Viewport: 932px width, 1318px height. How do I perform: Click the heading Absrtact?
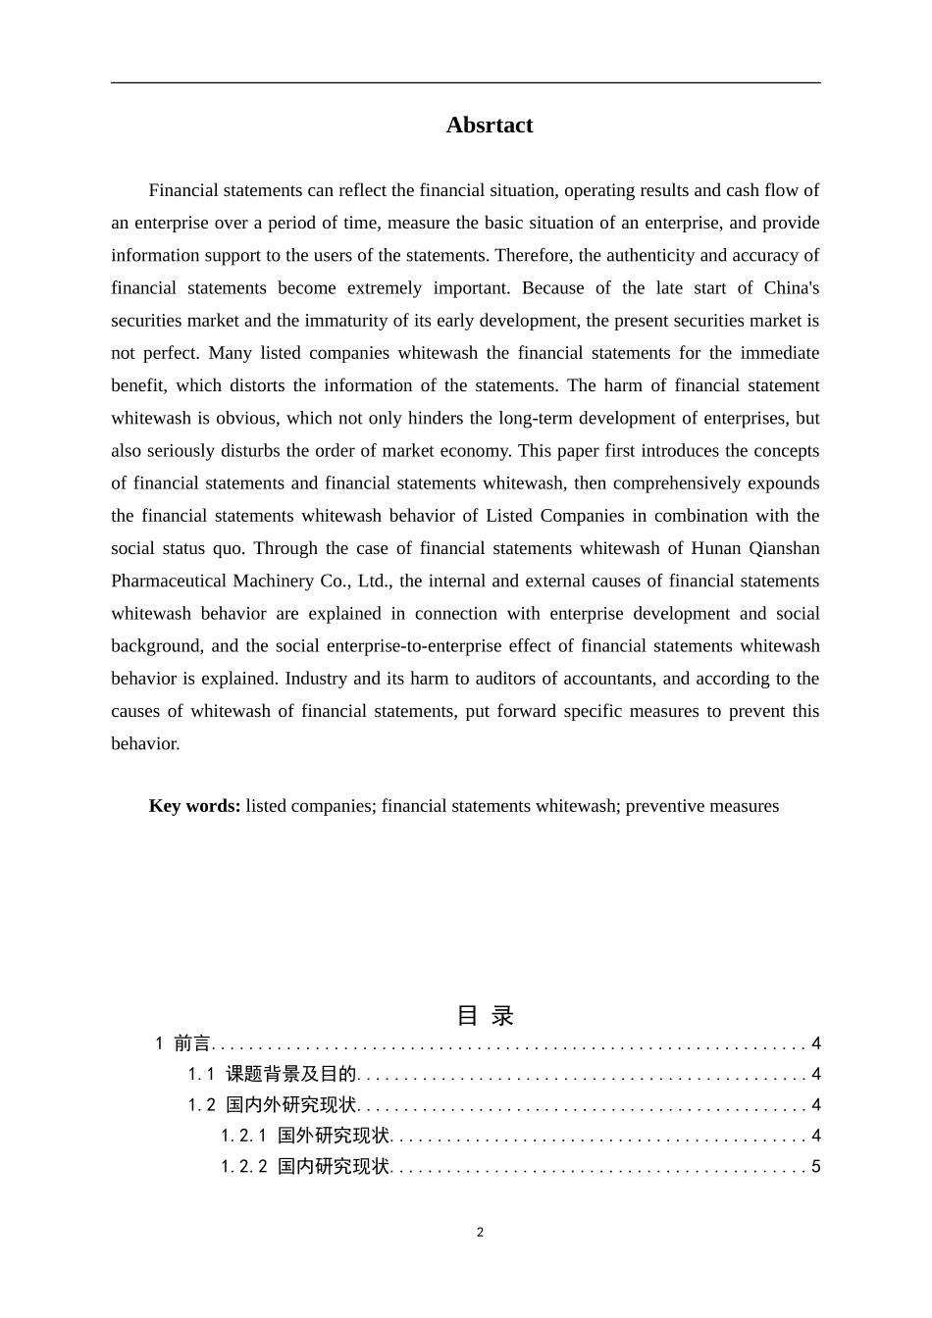tap(489, 126)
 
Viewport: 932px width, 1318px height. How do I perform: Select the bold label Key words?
tap(194, 806)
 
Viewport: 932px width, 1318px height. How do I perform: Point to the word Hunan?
tap(717, 548)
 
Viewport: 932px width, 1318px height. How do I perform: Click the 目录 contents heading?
tap(485, 1016)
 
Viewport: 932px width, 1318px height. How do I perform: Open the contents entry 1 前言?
tap(183, 1044)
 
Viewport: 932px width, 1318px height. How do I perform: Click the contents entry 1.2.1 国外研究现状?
tap(305, 1137)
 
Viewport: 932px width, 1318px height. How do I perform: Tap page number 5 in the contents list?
tap(815, 1167)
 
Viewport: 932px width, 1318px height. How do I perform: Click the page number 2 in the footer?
tap(480, 1233)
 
